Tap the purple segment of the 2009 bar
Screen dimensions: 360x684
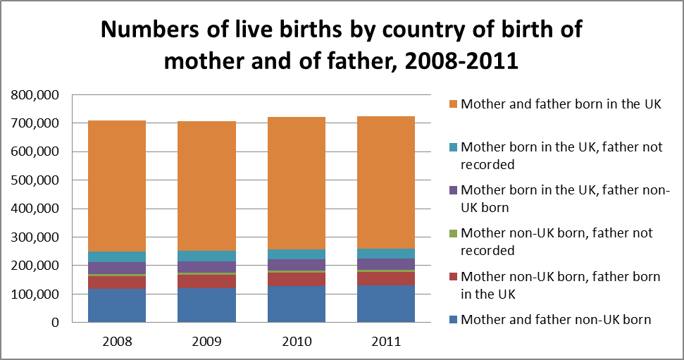point(206,267)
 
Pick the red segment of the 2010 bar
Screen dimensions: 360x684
point(296,278)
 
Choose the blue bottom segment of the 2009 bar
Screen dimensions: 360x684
point(206,305)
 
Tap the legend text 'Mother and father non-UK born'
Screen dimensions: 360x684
point(556,319)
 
